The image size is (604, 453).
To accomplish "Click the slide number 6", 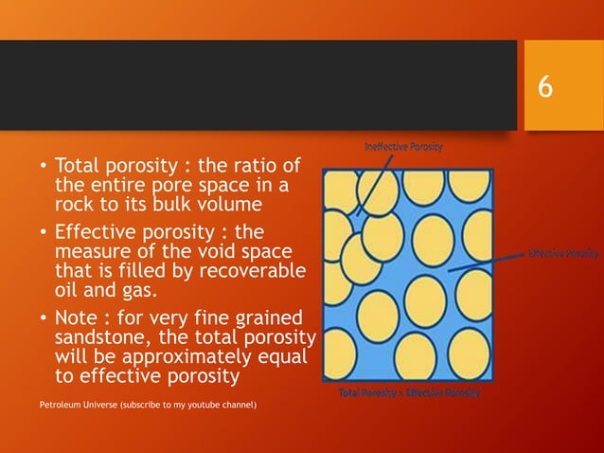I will coord(545,88).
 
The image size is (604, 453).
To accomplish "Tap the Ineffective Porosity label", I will coord(404,147).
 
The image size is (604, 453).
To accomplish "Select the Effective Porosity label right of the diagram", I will coord(564,254).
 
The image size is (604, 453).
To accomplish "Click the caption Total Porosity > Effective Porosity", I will coord(408,392).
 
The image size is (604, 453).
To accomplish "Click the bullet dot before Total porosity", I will coord(43,168).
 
